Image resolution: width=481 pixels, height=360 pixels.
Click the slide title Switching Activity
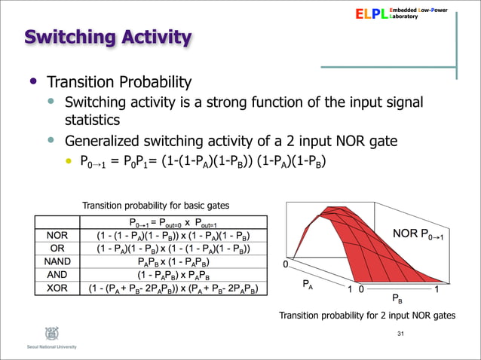[107, 36]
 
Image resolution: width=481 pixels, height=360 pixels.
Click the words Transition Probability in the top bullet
[120, 82]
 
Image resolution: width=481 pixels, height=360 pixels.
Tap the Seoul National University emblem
[32, 332]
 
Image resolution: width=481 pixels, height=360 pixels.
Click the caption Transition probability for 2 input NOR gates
[367, 316]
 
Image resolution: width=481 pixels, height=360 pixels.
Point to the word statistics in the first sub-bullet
[93, 119]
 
